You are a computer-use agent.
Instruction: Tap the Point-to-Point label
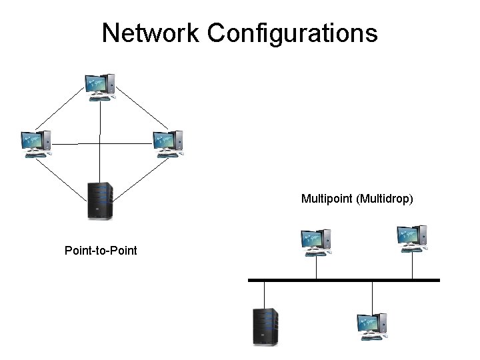click(x=101, y=251)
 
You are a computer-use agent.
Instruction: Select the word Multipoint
click(x=327, y=198)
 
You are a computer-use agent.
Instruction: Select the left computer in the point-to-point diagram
click(x=35, y=143)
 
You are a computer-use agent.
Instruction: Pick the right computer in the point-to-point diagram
click(x=167, y=143)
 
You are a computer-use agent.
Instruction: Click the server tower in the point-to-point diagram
click(x=101, y=201)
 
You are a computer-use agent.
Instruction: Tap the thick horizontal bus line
click(x=343, y=280)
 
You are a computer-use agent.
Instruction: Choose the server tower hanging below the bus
click(x=265, y=326)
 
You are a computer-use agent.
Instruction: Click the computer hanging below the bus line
click(x=372, y=326)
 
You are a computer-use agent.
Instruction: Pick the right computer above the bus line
click(x=411, y=239)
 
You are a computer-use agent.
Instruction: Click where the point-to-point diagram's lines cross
click(x=100, y=143)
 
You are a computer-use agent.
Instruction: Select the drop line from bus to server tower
click(x=265, y=294)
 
